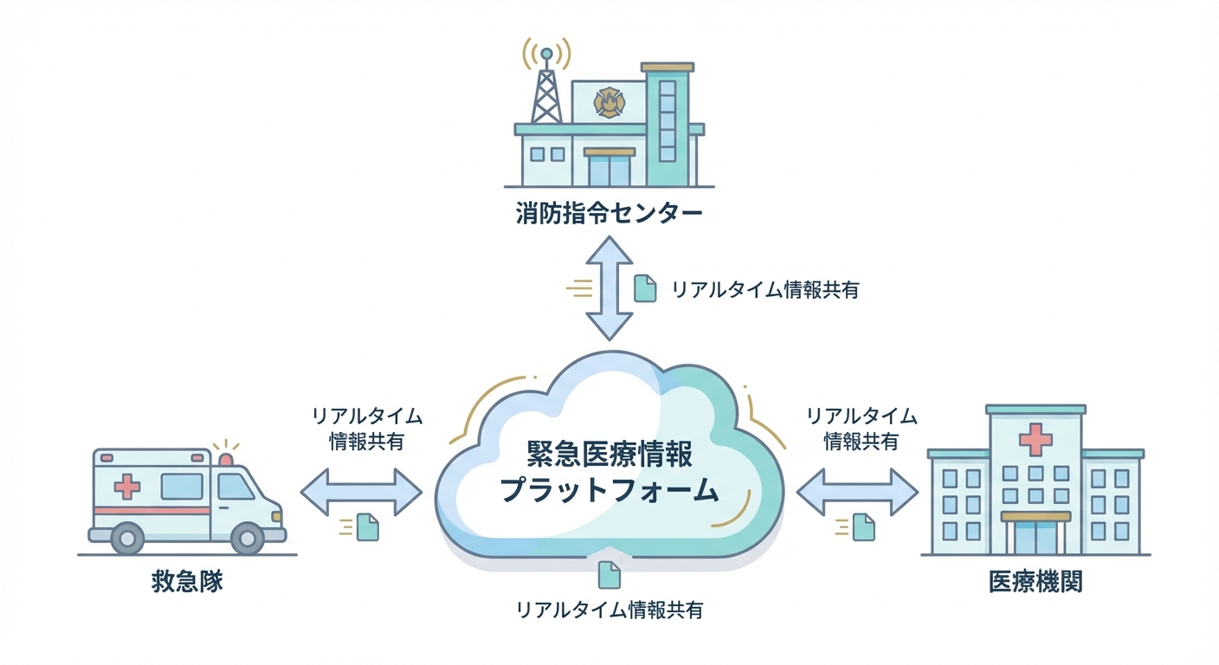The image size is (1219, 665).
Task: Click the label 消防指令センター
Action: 609,214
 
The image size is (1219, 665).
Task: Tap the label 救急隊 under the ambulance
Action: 187,581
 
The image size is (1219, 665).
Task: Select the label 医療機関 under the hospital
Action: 1035,581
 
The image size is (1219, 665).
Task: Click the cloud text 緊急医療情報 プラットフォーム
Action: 610,472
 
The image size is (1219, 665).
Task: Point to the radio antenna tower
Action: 545,87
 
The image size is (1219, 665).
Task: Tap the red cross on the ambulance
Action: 127,487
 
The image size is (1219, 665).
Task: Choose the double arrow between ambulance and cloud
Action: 361,493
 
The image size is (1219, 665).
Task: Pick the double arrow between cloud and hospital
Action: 856,493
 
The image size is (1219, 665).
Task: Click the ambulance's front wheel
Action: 247,539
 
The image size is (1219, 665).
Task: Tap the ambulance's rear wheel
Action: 128,539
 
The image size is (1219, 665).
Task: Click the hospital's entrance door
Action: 1035,538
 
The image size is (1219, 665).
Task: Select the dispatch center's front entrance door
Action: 609,171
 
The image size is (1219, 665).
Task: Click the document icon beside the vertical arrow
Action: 645,288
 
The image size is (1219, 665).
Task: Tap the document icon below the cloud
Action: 609,574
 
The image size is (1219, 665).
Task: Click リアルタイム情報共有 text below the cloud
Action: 609,610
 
